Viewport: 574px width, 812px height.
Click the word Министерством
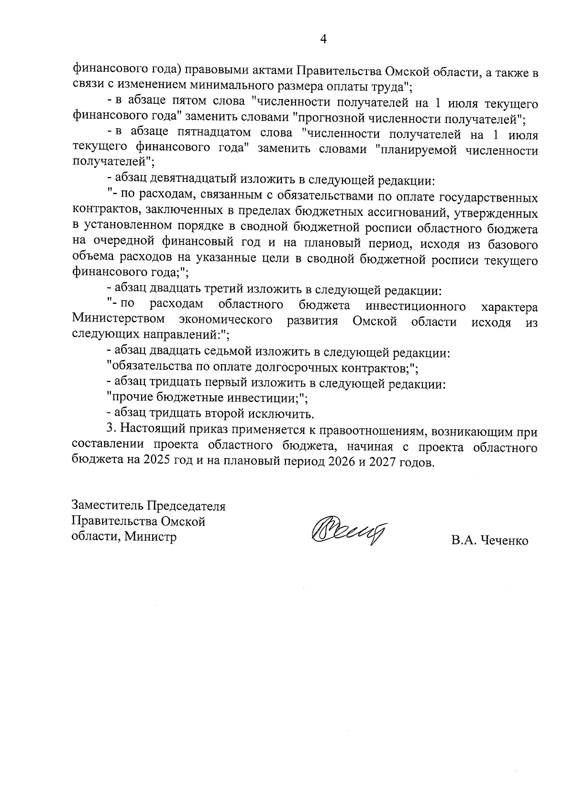[119, 320]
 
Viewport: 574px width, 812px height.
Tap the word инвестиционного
[415, 306]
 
